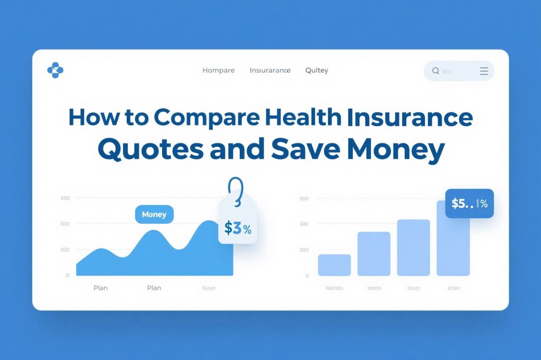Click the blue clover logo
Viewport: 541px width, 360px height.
click(x=55, y=70)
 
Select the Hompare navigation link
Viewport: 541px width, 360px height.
click(x=218, y=71)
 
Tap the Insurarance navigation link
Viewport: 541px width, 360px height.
click(x=270, y=71)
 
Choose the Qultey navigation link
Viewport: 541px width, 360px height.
click(x=316, y=71)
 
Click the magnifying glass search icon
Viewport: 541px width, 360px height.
click(x=436, y=71)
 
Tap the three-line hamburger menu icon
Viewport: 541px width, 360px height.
click(x=483, y=71)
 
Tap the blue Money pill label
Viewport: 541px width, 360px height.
click(x=154, y=214)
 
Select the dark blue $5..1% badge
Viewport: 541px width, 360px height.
click(x=469, y=204)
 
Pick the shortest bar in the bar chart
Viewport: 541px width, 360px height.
click(x=334, y=264)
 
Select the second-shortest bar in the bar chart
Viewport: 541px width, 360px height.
click(x=374, y=253)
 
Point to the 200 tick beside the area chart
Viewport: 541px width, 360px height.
click(x=65, y=249)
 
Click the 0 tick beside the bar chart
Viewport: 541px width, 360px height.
click(x=306, y=276)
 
